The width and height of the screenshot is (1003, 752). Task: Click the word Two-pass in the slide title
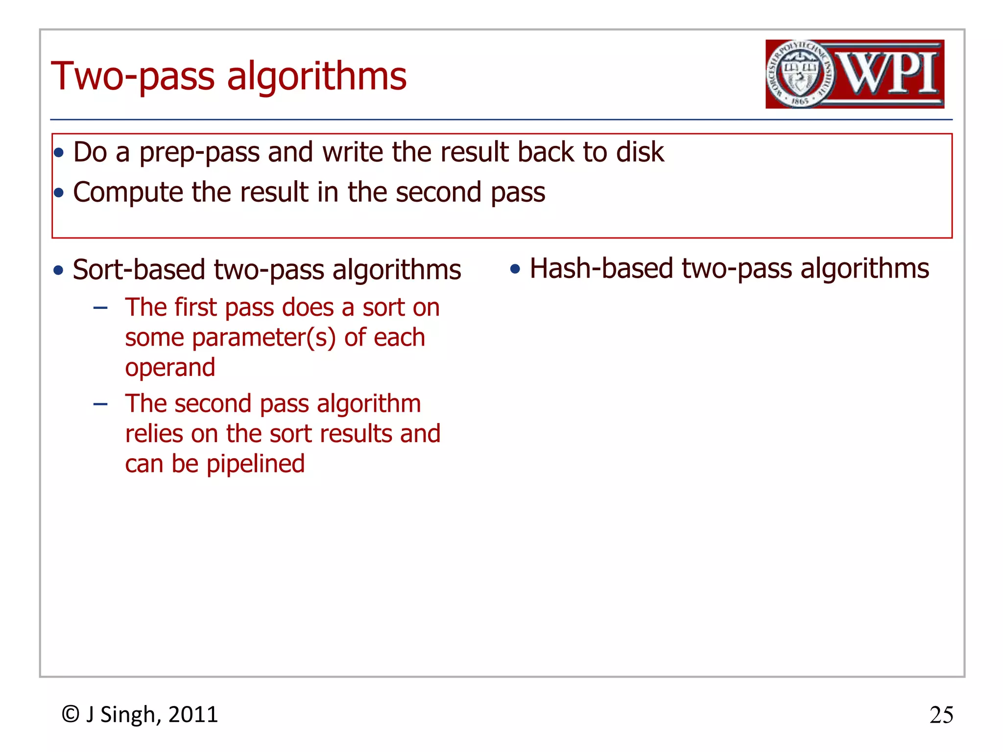pos(133,77)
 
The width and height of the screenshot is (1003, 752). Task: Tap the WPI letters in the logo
pos(889,73)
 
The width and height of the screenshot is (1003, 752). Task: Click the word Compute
pos(128,192)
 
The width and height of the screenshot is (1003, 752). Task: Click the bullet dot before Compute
pos(59,193)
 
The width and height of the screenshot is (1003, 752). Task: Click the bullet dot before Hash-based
pos(515,269)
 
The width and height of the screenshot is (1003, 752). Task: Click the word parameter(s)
pos(264,338)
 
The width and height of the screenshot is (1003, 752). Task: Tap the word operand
pos(170,368)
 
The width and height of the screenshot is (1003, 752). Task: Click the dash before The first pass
pos(100,308)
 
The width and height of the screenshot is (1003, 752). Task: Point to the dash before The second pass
pos(100,404)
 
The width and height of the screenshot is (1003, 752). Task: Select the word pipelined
pos(255,464)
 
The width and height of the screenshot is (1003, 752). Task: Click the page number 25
pos(941,715)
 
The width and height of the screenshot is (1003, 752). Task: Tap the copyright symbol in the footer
pos(71,714)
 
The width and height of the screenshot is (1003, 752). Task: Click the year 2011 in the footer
pos(193,715)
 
